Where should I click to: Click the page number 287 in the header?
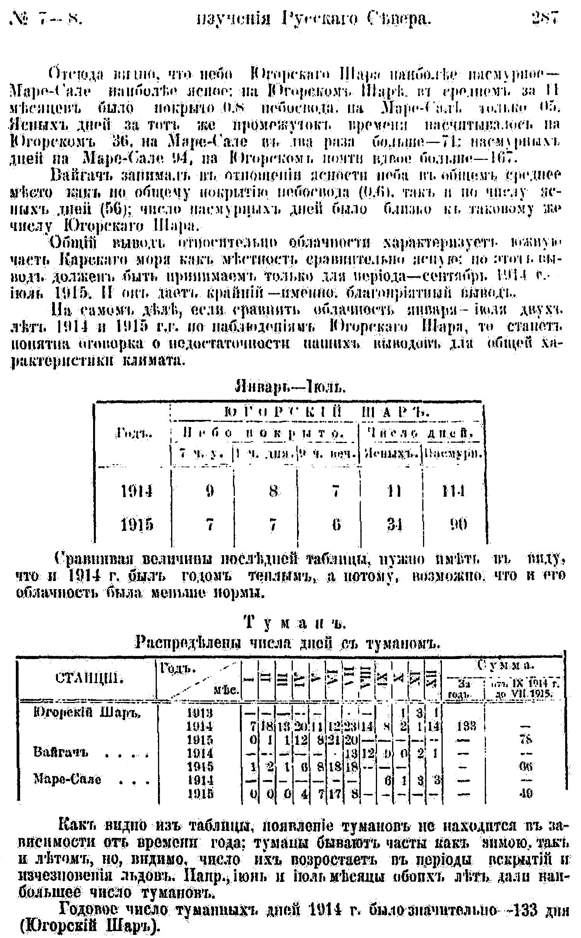[545, 19]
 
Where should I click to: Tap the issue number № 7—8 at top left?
[46, 19]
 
